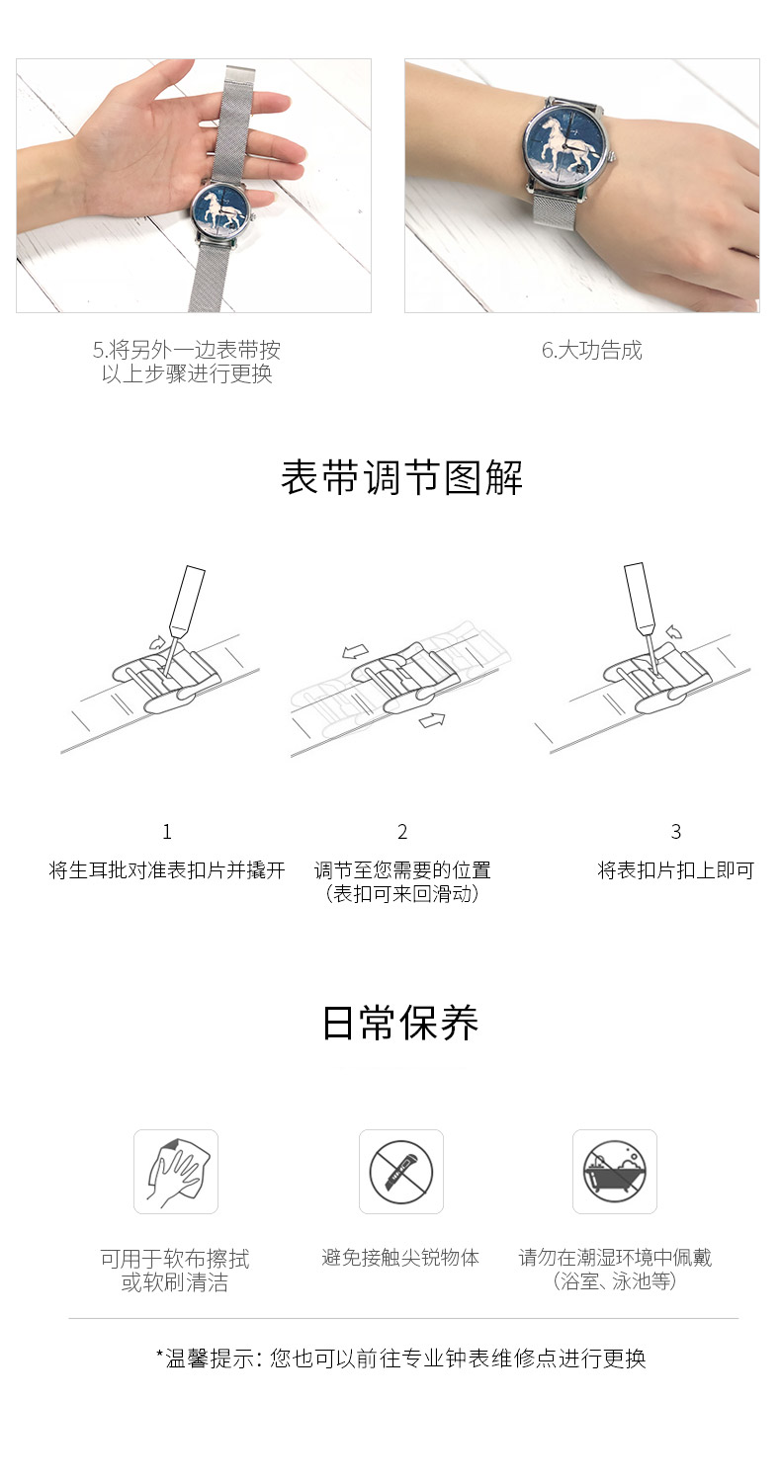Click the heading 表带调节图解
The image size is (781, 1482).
click(x=401, y=478)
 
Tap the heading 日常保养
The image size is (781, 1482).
click(x=400, y=1023)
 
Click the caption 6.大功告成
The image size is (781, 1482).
click(x=591, y=350)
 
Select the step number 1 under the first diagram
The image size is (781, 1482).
click(x=167, y=832)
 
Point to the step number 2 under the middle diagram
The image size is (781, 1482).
click(x=402, y=832)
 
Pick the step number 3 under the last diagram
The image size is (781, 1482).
click(x=676, y=832)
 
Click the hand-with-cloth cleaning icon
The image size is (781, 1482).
click(x=176, y=1172)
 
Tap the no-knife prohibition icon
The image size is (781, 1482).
click(x=400, y=1172)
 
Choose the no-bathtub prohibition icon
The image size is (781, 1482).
click(x=614, y=1172)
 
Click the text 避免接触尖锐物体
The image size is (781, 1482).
click(x=400, y=1258)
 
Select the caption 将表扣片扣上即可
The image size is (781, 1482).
click(x=676, y=870)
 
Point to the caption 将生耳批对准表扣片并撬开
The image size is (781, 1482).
click(x=167, y=870)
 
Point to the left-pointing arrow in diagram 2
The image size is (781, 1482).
click(x=355, y=652)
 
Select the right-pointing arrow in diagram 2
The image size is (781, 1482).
click(x=432, y=720)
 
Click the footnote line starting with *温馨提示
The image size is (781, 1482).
click(x=400, y=1358)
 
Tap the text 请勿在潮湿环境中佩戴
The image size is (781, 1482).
click(x=615, y=1258)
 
